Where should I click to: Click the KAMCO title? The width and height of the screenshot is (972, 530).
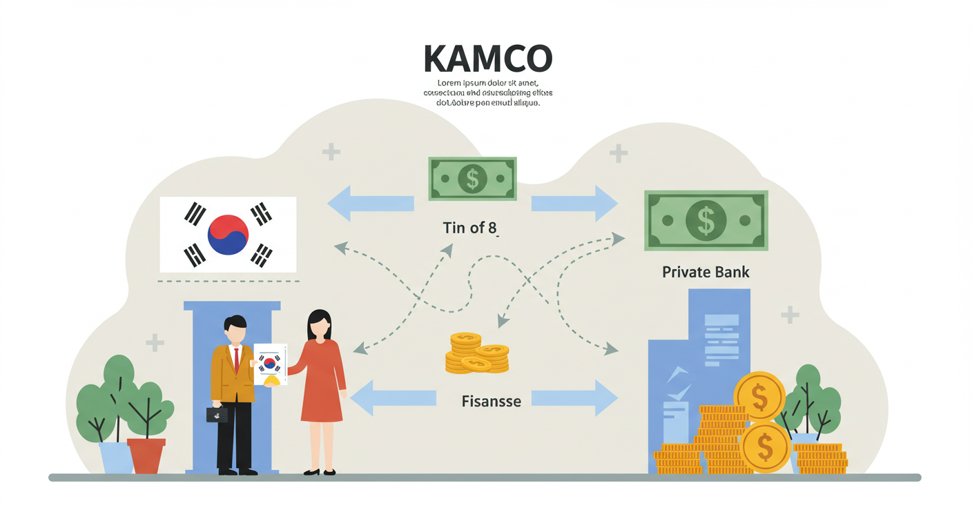pyautogui.click(x=487, y=59)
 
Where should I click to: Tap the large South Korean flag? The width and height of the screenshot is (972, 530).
pyautogui.click(x=228, y=234)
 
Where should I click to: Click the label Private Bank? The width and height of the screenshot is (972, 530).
pyautogui.click(x=706, y=272)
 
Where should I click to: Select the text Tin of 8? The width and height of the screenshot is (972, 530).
pyautogui.click(x=469, y=228)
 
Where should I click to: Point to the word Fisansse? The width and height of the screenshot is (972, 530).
pyautogui.click(x=491, y=400)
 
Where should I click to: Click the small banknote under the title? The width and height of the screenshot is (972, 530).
pyautogui.click(x=472, y=179)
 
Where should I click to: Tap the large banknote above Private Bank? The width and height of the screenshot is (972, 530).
pyautogui.click(x=706, y=220)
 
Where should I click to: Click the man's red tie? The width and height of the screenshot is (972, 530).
pyautogui.click(x=236, y=359)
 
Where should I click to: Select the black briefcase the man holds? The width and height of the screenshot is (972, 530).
pyautogui.click(x=217, y=414)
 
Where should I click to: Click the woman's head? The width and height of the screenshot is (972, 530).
pyautogui.click(x=319, y=324)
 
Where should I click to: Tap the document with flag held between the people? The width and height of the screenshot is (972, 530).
pyautogui.click(x=270, y=364)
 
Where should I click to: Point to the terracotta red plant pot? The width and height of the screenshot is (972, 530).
pyautogui.click(x=146, y=455)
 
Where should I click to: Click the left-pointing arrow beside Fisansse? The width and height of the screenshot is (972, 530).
pyautogui.click(x=393, y=398)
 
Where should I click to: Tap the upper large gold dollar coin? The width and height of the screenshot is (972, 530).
pyautogui.click(x=759, y=396)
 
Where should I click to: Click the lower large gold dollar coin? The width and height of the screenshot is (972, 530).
pyautogui.click(x=765, y=448)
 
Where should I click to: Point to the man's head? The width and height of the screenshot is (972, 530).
pyautogui.click(x=235, y=329)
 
